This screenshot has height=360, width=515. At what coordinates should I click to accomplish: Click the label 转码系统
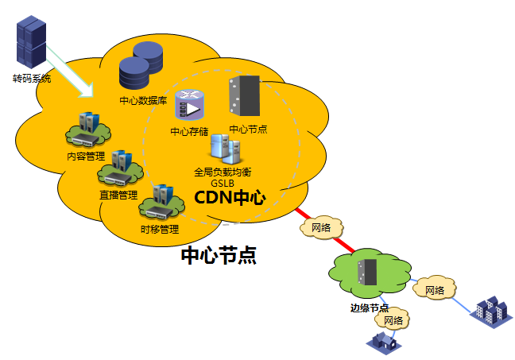[x=32, y=79]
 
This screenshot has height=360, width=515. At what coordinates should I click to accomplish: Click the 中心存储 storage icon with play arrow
[x=188, y=108]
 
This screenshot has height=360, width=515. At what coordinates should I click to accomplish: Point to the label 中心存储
[x=189, y=132]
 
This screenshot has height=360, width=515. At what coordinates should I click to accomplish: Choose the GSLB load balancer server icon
[x=222, y=149]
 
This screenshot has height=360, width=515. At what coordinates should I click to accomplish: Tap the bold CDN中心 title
[x=230, y=198]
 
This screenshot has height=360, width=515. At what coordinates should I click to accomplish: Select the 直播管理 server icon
[x=118, y=168]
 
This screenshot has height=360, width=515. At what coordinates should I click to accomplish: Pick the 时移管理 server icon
[x=158, y=202]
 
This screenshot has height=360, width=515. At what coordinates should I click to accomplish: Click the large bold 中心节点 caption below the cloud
[x=219, y=255]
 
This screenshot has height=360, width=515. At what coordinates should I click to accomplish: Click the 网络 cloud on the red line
[x=321, y=228]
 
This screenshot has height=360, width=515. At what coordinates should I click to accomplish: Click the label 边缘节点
[x=370, y=308]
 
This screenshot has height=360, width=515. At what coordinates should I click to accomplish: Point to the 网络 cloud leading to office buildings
[x=434, y=289]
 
